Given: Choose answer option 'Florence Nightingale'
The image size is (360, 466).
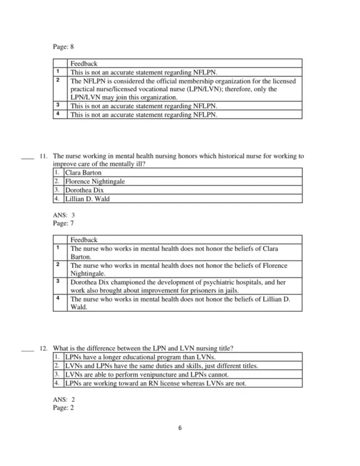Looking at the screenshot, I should [95, 181].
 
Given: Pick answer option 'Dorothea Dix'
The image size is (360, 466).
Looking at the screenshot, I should [84, 190].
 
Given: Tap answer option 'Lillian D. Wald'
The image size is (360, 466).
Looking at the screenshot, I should [88, 199].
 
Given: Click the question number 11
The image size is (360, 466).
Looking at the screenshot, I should [43, 156].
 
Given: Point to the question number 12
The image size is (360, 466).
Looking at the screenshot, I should [43, 348].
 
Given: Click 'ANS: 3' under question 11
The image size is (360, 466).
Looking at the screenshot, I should [64, 214].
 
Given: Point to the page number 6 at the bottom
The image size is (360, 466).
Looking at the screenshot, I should [179, 428].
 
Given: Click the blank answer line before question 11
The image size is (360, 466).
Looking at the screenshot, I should [26, 158].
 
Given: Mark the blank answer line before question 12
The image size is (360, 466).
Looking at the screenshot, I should [26, 350].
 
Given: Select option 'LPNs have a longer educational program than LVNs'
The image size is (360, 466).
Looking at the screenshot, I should [140, 357].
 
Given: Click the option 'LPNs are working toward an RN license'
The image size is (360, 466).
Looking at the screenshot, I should [155, 383].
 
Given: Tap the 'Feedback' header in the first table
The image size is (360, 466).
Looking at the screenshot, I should [83, 63].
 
